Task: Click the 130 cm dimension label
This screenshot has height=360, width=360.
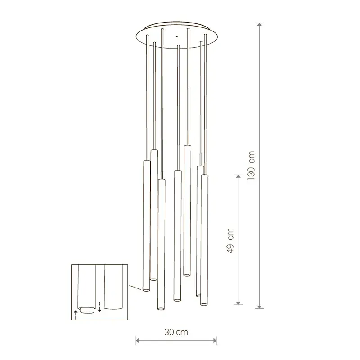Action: tap(252, 166)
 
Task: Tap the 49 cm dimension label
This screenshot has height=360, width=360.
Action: tap(230, 241)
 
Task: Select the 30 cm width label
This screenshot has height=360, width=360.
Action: tap(176, 332)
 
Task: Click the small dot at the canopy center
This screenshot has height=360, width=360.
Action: tap(176, 36)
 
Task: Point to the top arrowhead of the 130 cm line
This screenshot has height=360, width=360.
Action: tap(260, 25)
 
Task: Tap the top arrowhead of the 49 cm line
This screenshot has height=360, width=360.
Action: tap(238, 177)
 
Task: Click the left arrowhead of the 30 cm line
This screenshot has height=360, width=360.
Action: tap(138, 341)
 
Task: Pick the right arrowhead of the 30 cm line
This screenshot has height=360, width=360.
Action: tap(214, 341)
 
